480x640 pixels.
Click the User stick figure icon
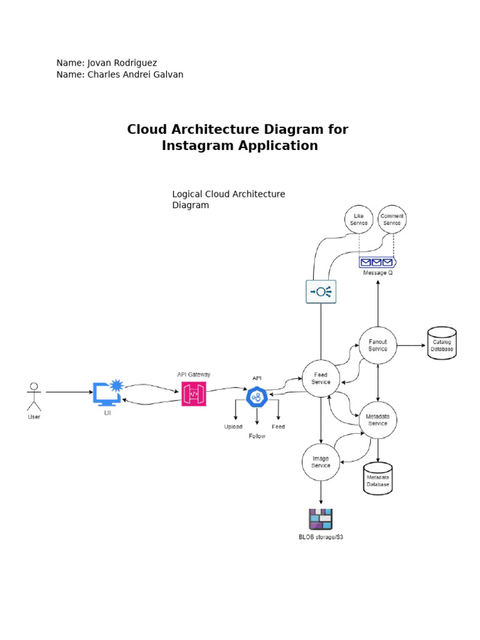coord(34,396)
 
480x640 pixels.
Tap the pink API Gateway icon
coord(194,394)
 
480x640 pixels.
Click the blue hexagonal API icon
coord(256,397)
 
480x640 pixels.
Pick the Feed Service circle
coord(321,378)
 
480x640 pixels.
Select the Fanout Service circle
coord(377,346)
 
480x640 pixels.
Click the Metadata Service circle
coord(377,420)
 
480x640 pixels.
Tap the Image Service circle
coord(321,462)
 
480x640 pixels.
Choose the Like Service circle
coord(359,219)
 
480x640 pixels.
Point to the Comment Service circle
coord(392,219)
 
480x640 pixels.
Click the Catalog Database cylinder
coord(442,342)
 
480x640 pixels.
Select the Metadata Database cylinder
coord(377,479)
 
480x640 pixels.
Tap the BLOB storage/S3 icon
coord(321,519)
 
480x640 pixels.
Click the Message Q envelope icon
coord(377,262)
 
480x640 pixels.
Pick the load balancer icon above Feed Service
coord(321,291)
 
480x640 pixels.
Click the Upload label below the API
coord(233,427)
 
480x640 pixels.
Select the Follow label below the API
coord(257,436)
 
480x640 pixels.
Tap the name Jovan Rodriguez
coord(122,63)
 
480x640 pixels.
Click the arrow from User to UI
coord(69,392)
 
